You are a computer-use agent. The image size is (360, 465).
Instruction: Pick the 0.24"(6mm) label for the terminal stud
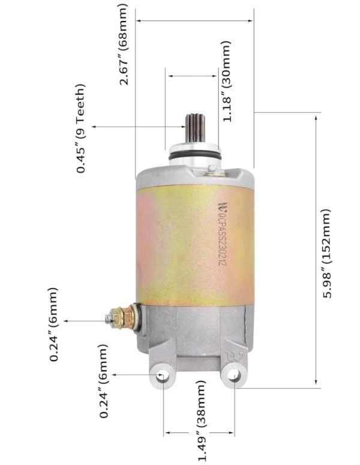[55, 325]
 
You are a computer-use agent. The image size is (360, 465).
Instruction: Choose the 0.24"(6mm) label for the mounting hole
[104, 381]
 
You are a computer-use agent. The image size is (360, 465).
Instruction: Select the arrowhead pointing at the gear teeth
[181, 127]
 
